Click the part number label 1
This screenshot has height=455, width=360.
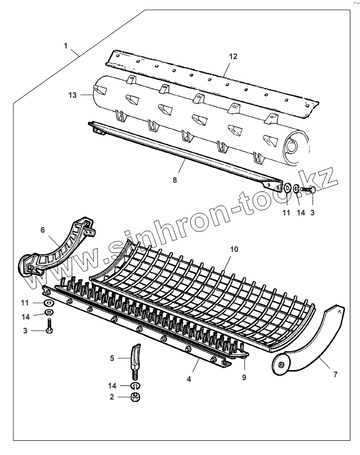click(x=66, y=46)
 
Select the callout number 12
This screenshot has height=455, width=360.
click(x=233, y=56)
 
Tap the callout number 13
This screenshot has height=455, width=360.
click(x=72, y=95)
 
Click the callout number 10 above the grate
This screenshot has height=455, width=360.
click(x=234, y=249)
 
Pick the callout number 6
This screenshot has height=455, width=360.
click(x=43, y=230)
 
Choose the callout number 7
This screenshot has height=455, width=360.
click(x=335, y=375)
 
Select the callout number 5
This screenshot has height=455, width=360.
click(x=113, y=358)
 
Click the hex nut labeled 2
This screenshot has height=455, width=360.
click(x=136, y=396)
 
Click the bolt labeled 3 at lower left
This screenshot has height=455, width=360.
click(x=48, y=326)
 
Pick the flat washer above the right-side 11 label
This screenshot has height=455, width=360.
click(x=287, y=189)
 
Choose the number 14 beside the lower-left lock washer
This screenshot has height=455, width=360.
click(x=25, y=317)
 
